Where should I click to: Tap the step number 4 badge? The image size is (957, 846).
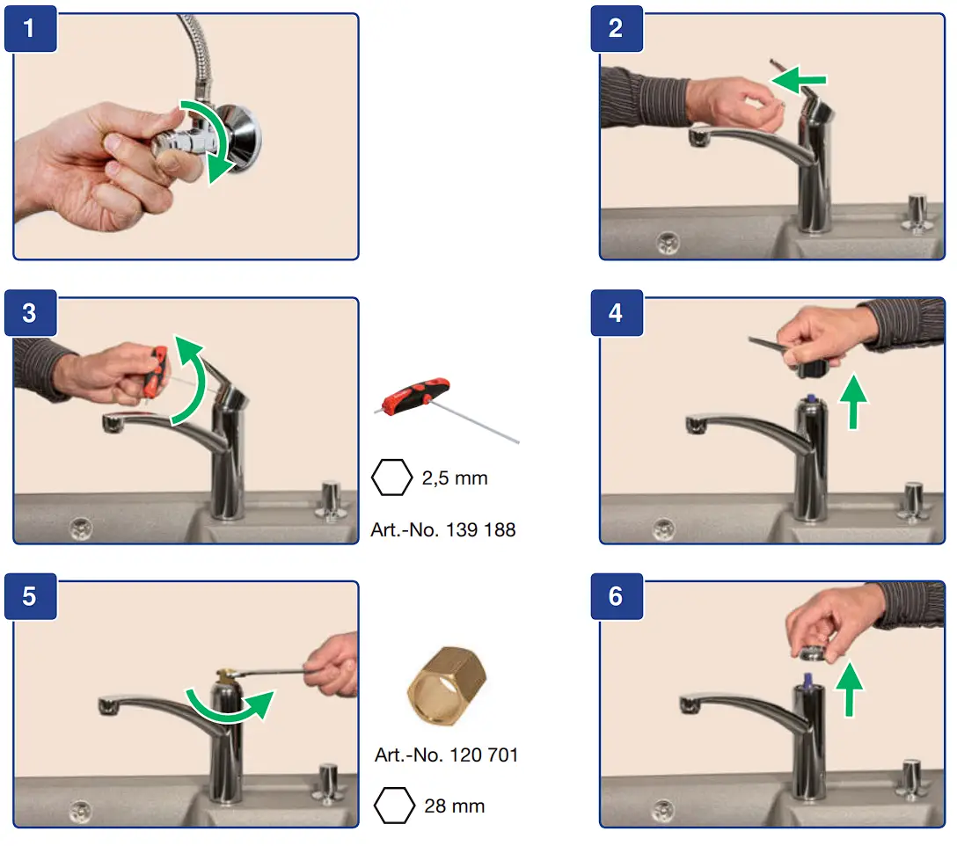[x=617, y=312]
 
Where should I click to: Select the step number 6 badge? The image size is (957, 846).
[x=617, y=596]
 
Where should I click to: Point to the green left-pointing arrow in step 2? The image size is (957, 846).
[x=798, y=80]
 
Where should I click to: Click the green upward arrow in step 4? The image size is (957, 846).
[x=853, y=402]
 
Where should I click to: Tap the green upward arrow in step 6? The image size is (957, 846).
[x=849, y=689]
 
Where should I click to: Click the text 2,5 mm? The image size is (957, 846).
[x=455, y=478]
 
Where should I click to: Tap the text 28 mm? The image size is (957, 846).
[x=455, y=806]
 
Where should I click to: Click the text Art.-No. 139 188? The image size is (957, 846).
[x=443, y=529]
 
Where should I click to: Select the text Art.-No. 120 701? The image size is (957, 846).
[x=446, y=755]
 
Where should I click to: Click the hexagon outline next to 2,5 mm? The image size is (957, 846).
[x=391, y=478]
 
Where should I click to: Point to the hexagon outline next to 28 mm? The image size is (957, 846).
[x=394, y=805]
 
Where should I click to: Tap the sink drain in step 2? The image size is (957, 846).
[x=668, y=243]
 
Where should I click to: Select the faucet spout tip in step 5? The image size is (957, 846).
[x=108, y=706]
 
